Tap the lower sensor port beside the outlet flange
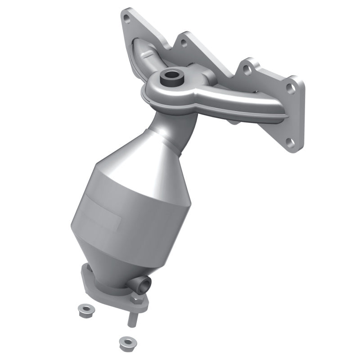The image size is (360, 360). click(144, 283)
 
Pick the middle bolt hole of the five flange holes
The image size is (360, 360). click(246, 69)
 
